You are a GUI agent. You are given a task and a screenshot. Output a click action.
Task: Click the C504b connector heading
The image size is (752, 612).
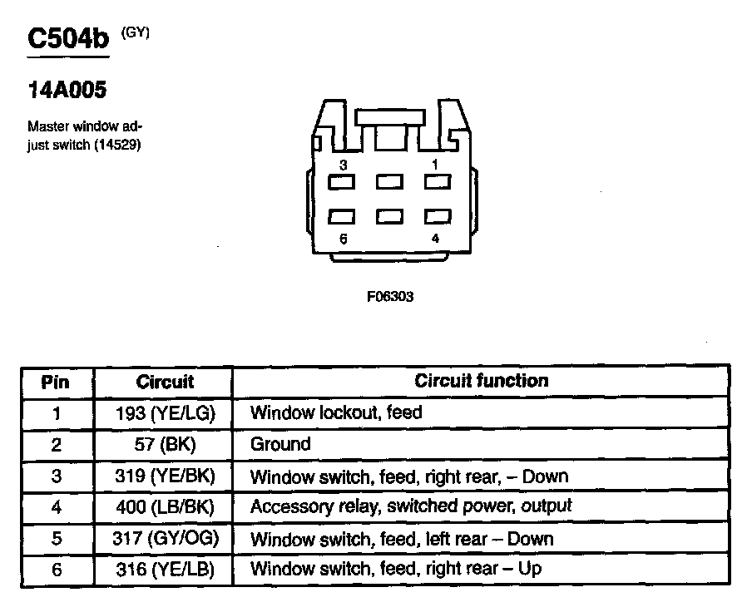pos(68,41)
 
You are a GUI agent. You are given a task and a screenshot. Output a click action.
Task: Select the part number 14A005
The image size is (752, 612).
pos(67,90)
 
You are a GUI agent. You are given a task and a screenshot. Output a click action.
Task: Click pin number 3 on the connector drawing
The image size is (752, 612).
pos(342,165)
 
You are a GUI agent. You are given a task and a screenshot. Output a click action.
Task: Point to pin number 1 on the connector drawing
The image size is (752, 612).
pos(435,165)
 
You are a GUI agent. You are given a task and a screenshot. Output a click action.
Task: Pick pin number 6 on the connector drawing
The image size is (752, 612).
pos(342,239)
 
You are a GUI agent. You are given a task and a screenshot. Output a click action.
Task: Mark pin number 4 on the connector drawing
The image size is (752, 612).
pos(435,239)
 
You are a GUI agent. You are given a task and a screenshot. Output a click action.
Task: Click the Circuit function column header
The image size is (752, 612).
pos(481,381)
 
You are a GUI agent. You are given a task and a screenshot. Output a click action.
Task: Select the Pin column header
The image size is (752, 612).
pos(56,382)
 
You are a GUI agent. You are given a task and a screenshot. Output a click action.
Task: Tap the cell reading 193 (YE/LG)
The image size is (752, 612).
pos(165,412)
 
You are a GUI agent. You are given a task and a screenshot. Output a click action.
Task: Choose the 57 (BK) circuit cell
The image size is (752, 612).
pos(165,444)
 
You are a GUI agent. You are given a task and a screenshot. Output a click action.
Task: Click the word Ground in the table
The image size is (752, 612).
pos(280,444)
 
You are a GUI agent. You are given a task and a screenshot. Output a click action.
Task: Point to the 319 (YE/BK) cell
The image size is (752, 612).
pos(165,476)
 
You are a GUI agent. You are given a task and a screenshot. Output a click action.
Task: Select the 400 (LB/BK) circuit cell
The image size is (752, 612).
pos(165,506)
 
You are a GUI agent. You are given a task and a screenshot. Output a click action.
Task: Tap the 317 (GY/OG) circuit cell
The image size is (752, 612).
pos(165,538)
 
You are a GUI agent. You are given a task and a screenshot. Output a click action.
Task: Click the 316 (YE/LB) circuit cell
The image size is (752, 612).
pos(165,570)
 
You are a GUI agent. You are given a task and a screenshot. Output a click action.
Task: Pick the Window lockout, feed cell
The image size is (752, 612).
pos(336,412)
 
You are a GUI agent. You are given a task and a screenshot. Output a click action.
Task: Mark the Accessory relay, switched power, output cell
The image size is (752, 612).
pos(411,506)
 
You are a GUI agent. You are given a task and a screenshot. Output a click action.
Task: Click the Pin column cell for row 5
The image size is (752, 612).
pos(56,538)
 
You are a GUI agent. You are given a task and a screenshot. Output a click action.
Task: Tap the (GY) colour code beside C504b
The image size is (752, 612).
pos(136,32)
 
